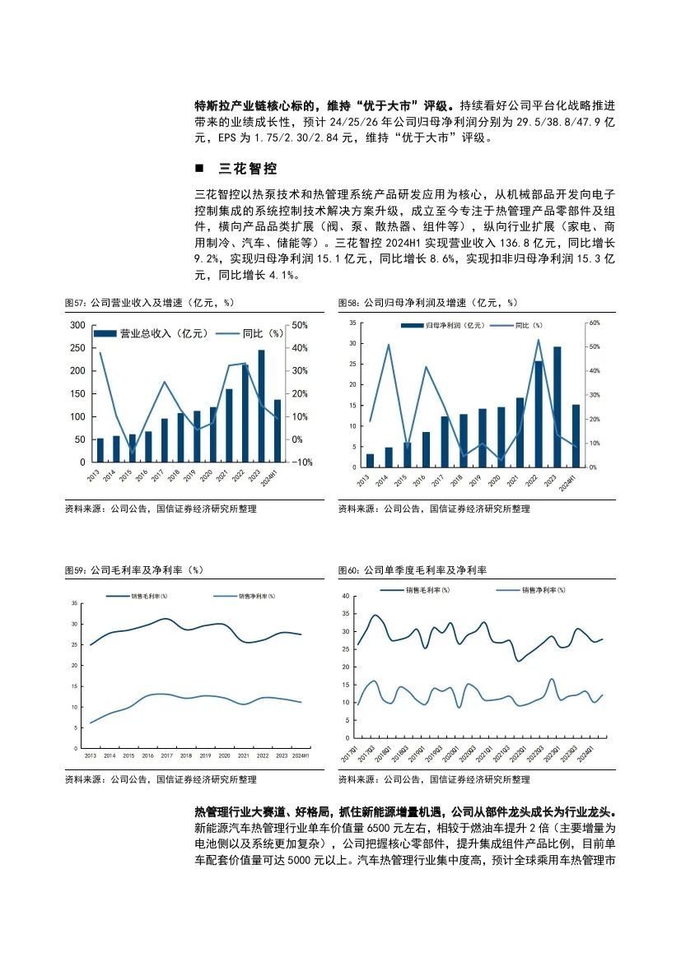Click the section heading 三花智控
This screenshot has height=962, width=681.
click(x=247, y=170)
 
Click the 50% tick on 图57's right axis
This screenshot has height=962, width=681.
click(x=301, y=325)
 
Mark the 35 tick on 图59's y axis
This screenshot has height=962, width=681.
click(x=74, y=603)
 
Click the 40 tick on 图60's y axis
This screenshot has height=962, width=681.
click(x=347, y=595)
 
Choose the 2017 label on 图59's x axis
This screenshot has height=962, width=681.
click(x=166, y=755)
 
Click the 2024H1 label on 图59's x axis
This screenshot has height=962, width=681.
click(x=301, y=755)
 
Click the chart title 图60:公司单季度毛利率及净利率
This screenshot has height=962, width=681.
click(x=413, y=569)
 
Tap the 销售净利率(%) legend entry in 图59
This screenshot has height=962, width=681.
click(x=257, y=596)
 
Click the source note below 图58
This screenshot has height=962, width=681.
click(x=434, y=509)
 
